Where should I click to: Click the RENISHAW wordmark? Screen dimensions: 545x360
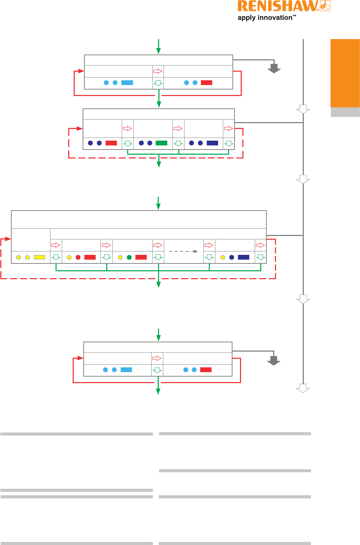[x=278, y=6]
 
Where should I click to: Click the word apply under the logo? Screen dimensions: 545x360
[x=247, y=18]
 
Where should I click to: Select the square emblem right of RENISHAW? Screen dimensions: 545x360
[x=325, y=6]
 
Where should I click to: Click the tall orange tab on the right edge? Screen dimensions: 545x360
[x=345, y=73]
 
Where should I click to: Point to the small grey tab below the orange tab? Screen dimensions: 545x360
[x=345, y=112]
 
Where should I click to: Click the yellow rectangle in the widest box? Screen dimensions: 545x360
[x=40, y=257]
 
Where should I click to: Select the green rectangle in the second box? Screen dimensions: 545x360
[x=161, y=143]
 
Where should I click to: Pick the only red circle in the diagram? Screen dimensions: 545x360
[x=78, y=257]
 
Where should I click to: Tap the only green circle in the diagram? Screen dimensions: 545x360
[x=129, y=257]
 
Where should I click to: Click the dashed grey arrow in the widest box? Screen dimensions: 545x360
[x=184, y=251]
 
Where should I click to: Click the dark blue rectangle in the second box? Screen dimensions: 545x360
[x=212, y=143]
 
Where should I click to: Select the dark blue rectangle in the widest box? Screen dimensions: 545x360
[x=243, y=257]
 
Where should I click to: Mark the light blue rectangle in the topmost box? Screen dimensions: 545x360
[x=127, y=83]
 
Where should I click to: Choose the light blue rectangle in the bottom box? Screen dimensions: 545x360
[x=126, y=370]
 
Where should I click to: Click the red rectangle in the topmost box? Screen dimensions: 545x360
[x=206, y=83]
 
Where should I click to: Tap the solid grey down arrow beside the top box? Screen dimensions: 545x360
[x=274, y=68]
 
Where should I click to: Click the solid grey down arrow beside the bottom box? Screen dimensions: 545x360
[x=274, y=360]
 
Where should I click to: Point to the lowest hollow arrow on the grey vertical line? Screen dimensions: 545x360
[x=303, y=388]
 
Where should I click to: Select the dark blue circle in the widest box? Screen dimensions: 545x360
[x=232, y=257]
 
